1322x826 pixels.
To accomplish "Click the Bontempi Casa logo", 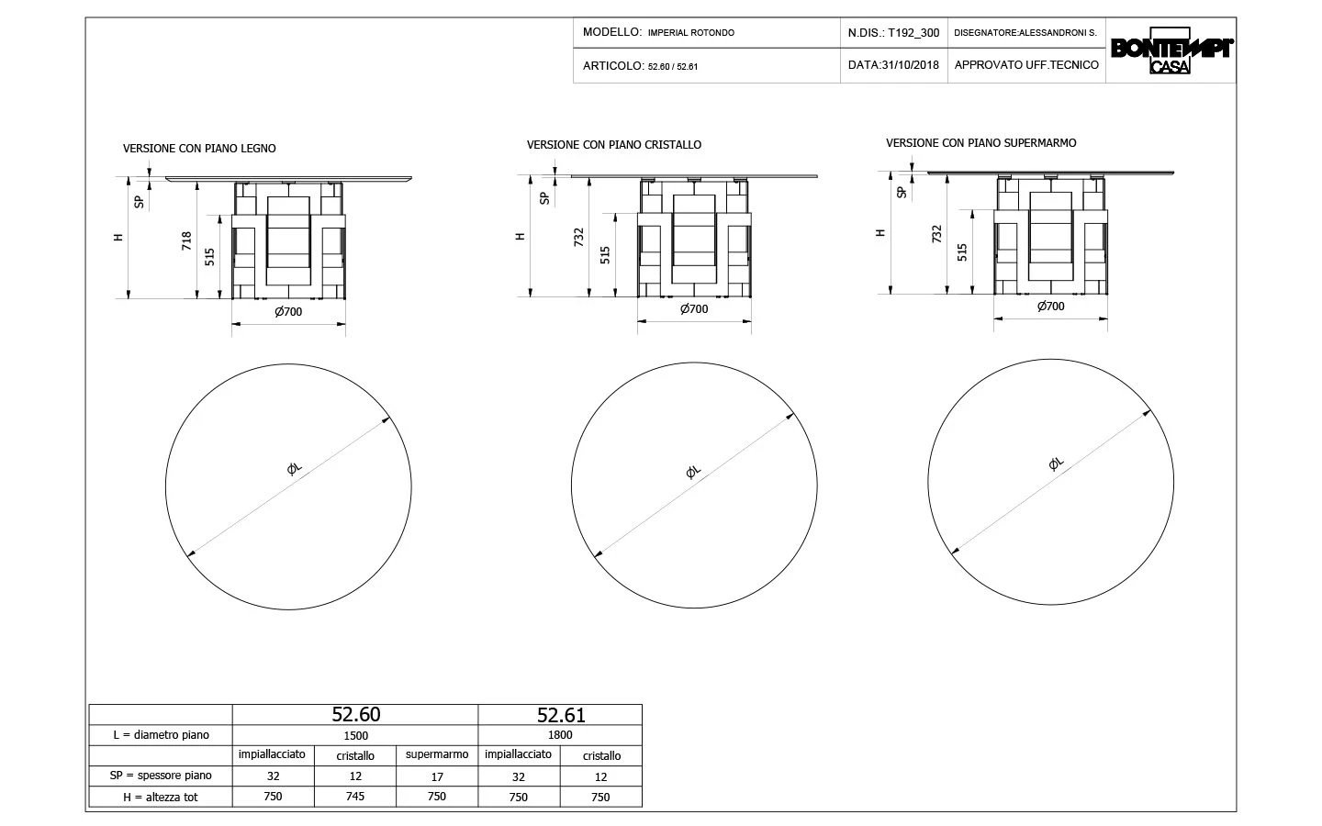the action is point(1171,50).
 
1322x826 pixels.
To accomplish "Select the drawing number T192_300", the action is point(913,33).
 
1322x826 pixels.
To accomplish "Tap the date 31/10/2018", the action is point(910,65).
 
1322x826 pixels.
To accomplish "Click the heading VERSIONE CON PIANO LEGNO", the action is point(199,149).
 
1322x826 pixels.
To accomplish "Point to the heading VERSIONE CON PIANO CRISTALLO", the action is point(614,145).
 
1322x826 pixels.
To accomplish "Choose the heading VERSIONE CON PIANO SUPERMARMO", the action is point(980,143).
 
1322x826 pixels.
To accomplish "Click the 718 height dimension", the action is point(186,240).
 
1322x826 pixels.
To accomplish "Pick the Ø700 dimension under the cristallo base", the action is point(694,308).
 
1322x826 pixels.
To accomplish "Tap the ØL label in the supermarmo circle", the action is point(1056,463).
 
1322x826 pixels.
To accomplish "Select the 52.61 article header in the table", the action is point(561,715).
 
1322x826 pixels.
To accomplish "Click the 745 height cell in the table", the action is point(354,797).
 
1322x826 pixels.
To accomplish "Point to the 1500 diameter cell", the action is point(356,736).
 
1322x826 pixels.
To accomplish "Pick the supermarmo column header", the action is point(437,754).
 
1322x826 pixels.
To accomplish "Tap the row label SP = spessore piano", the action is point(161,776).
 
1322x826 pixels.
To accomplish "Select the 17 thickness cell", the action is point(437,777).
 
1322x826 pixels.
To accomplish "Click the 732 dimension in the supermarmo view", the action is point(936,234).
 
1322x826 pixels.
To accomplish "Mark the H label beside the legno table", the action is point(118,237).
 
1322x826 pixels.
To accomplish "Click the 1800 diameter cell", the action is point(560,735).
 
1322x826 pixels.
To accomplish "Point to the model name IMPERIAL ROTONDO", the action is point(691,33).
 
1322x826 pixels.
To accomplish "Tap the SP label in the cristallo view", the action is point(544,198).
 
